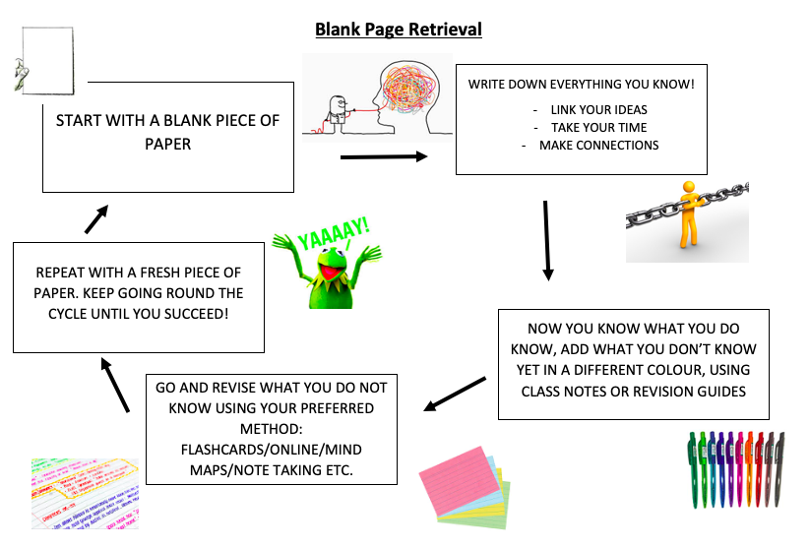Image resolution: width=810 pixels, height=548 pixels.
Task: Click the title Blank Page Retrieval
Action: pyautogui.click(x=398, y=30)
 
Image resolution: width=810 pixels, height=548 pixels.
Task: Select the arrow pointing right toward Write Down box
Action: pyautogui.click(x=383, y=156)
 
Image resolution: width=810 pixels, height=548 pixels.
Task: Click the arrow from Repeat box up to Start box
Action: pyautogui.click(x=95, y=218)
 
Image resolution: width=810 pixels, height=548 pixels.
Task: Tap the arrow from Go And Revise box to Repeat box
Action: pyautogui.click(x=116, y=385)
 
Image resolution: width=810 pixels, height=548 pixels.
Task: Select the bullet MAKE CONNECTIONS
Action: pyautogui.click(x=598, y=145)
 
